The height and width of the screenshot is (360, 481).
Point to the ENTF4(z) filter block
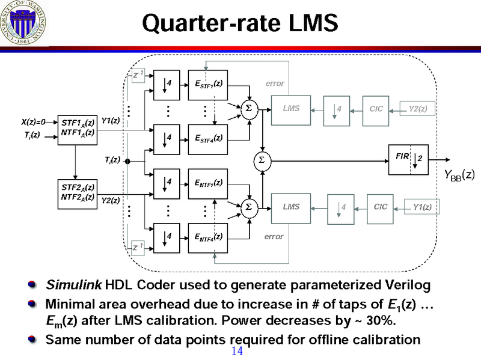point(209,237)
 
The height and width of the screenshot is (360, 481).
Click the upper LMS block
point(292,109)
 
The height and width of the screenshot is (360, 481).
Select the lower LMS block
point(292,207)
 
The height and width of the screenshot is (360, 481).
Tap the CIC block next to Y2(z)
point(377,109)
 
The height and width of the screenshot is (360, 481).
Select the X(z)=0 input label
point(33,122)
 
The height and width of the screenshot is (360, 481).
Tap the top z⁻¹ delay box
point(137,75)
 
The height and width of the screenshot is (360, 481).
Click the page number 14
point(237,351)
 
